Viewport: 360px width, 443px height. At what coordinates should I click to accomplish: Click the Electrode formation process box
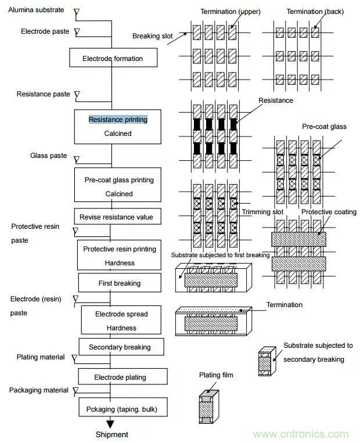pyautogui.click(x=112, y=59)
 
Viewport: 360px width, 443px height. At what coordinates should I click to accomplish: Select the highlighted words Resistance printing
pyautogui.click(x=118, y=120)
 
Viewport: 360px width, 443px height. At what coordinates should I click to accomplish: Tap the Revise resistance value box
pyautogui.click(x=117, y=217)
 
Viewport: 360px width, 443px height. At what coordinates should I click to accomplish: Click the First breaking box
pyautogui.click(x=119, y=283)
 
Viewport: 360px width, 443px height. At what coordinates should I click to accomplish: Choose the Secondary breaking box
pyautogui.click(x=120, y=347)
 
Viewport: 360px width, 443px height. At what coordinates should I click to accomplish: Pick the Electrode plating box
pyautogui.click(x=120, y=377)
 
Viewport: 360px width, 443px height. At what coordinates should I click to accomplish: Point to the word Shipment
pyautogui.click(x=111, y=434)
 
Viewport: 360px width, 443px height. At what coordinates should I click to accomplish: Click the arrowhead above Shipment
pyautogui.click(x=110, y=424)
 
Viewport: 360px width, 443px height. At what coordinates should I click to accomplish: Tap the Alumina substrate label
pyautogui.click(x=35, y=11)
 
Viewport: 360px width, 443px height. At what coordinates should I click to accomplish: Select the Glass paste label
pyautogui.click(x=48, y=156)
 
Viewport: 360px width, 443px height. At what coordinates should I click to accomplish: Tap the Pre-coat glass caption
pyautogui.click(x=322, y=126)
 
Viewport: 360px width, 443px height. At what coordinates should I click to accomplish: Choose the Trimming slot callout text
pyautogui.click(x=262, y=212)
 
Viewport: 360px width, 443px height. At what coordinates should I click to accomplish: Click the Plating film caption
pyautogui.click(x=216, y=376)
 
